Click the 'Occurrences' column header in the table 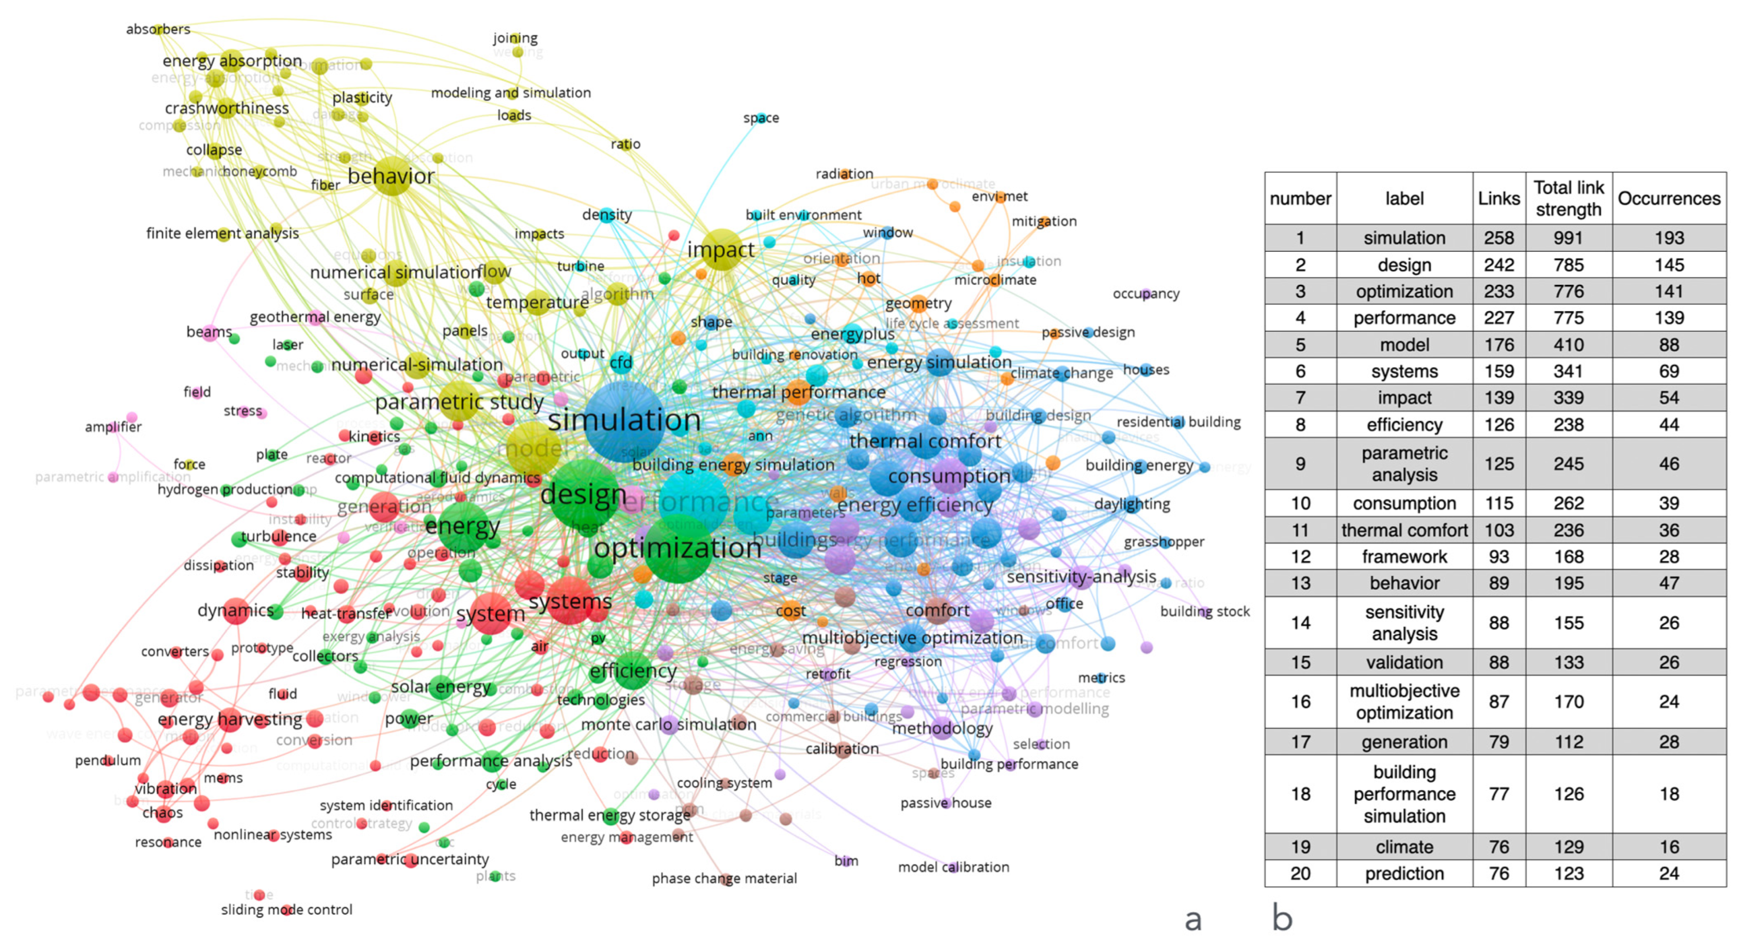(1669, 198)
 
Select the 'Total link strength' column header (1569, 198)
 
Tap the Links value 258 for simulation (1499, 237)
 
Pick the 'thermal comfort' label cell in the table (1404, 530)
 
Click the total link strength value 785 (1569, 265)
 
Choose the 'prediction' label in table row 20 (1404, 873)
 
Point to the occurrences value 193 (1669, 237)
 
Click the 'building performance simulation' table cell (1404, 794)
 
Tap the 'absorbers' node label (158, 29)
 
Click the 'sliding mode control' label (286, 909)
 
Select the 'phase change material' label (724, 878)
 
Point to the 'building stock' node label (1204, 611)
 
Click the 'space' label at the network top (761, 118)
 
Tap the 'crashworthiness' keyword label (227, 108)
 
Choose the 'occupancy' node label (1145, 294)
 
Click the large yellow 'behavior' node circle (392, 175)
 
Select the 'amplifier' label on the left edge (113, 426)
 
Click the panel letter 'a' (1193, 919)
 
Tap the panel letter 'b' (1282, 918)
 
